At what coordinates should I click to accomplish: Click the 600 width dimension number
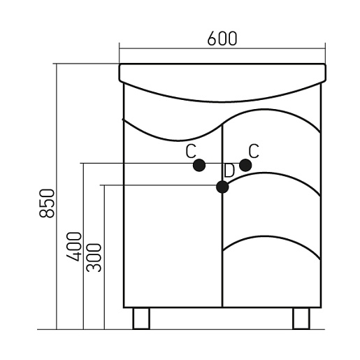pyautogui.click(x=222, y=38)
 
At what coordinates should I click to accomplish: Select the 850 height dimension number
pyautogui.click(x=47, y=203)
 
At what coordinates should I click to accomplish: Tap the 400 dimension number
pyautogui.click(x=74, y=247)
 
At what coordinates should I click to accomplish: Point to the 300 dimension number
pyautogui.click(x=94, y=258)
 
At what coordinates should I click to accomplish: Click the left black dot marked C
pyautogui.click(x=199, y=166)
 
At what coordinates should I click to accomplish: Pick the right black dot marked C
pyautogui.click(x=245, y=165)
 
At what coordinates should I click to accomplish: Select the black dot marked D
pyautogui.click(x=222, y=187)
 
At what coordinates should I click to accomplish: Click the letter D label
pyautogui.click(x=229, y=171)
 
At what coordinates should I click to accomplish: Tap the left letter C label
pyautogui.click(x=191, y=151)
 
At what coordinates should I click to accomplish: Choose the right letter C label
pyautogui.click(x=254, y=151)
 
